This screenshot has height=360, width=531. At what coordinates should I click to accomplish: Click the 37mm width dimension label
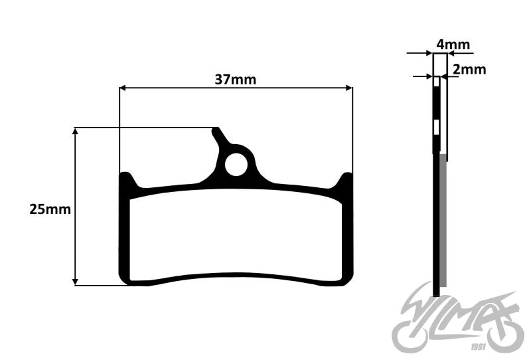[236, 80]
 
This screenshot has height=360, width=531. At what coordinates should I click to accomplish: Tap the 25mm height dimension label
[50, 209]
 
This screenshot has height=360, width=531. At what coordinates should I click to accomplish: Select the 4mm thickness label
[453, 45]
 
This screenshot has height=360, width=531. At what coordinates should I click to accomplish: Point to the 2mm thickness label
[469, 69]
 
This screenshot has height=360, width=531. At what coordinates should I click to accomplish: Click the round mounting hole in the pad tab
[236, 165]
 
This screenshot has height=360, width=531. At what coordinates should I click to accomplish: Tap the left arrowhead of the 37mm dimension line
[123, 88]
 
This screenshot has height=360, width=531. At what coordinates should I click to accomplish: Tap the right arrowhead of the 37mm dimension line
[349, 88]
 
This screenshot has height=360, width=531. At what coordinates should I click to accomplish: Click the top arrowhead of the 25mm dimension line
[75, 131]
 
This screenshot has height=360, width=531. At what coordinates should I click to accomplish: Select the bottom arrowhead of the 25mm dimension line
[75, 282]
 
